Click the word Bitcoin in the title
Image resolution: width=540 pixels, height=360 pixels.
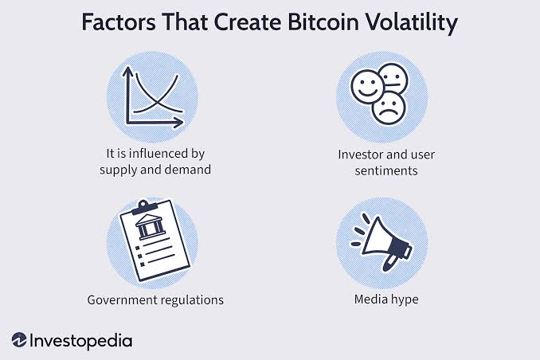323,22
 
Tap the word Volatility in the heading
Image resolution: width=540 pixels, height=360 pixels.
411,23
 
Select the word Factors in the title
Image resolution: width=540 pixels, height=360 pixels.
119,22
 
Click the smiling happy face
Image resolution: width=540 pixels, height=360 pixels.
367,87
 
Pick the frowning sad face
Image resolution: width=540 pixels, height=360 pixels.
389,108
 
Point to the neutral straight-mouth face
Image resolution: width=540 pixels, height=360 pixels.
393,79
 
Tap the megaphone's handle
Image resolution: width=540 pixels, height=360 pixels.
388,263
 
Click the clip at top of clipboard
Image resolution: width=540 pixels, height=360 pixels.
144,205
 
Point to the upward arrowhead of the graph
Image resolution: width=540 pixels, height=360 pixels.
127,72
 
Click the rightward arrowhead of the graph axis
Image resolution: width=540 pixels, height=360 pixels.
178,123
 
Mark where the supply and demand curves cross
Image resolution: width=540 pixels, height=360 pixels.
158,102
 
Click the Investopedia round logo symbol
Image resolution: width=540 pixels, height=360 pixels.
19,340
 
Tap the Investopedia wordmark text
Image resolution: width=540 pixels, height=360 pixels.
81,341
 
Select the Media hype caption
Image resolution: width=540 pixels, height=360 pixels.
386,299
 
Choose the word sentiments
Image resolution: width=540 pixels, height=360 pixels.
386,170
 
